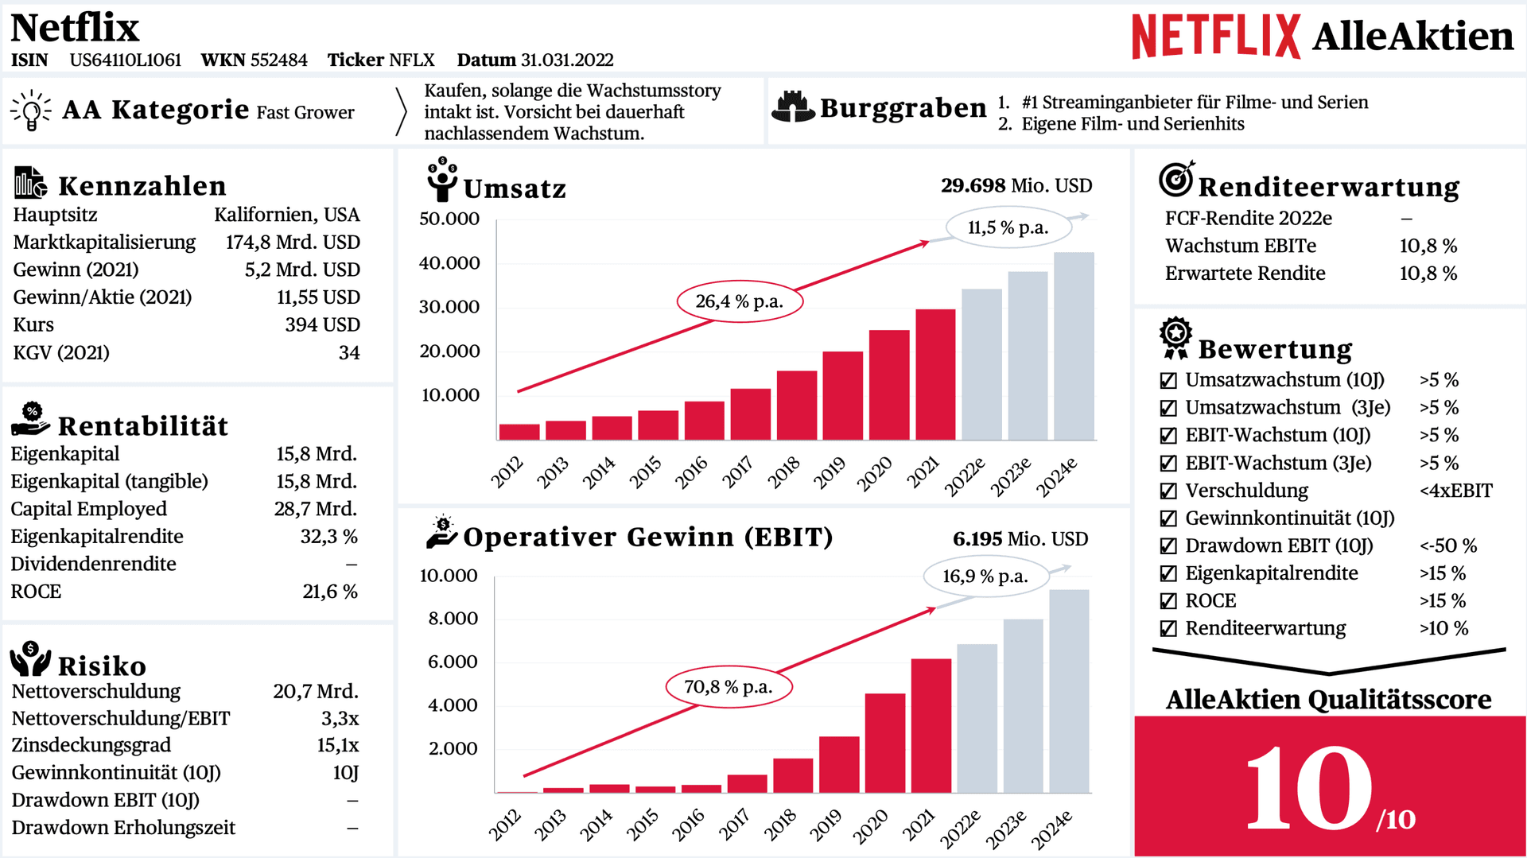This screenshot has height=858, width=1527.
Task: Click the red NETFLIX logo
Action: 1216,37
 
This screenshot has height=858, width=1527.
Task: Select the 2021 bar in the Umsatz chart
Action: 935,375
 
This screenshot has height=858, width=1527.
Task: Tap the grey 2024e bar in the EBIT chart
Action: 1069,691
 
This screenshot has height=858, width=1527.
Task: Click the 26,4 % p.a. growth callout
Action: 740,301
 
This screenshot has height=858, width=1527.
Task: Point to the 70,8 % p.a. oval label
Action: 729,687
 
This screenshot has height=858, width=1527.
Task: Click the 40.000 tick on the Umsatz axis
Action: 449,263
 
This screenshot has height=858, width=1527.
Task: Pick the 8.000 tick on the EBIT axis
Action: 453,619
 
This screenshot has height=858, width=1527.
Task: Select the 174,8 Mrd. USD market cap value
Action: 293,243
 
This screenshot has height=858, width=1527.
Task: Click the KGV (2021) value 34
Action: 349,353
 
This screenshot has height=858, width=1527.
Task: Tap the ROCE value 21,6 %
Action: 330,592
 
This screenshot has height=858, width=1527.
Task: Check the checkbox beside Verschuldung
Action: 1168,491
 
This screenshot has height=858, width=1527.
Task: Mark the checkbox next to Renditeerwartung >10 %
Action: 1168,629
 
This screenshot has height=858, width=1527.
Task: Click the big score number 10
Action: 1309,788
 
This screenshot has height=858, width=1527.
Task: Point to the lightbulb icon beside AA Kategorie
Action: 31,110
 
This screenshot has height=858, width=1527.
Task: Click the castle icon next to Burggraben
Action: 793,107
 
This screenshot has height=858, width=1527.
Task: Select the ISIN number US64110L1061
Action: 126,60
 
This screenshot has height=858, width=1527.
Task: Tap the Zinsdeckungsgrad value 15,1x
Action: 338,746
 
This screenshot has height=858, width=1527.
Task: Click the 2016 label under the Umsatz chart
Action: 691,472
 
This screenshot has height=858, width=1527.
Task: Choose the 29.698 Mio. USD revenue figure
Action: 1016,186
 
